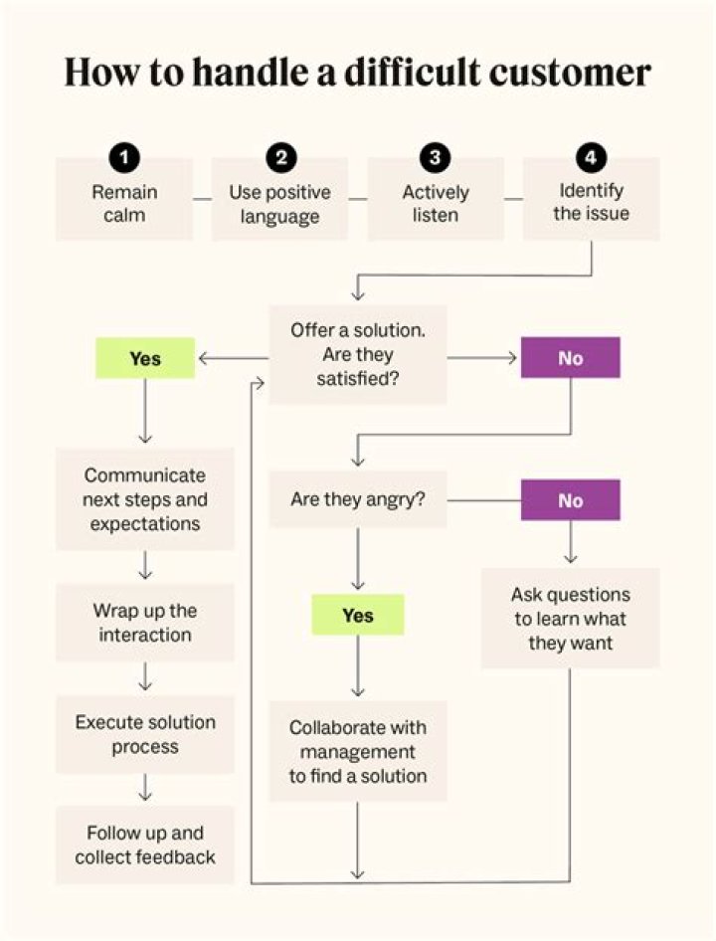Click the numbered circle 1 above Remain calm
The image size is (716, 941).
pyautogui.click(x=124, y=157)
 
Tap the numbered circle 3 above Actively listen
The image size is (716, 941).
pyautogui.click(x=435, y=157)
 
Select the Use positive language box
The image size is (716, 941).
pyautogui.click(x=280, y=202)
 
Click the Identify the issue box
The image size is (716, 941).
pyautogui.click(x=592, y=202)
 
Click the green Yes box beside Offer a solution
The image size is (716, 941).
pyautogui.click(x=145, y=358)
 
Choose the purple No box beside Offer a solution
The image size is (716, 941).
pyautogui.click(x=570, y=358)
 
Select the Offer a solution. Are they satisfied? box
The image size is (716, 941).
pyautogui.click(x=357, y=355)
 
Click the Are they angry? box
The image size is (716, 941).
pyautogui.click(x=357, y=499)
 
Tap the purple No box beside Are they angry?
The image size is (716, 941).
pyautogui.click(x=570, y=500)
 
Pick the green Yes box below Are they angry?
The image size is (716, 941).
pyautogui.click(x=357, y=615)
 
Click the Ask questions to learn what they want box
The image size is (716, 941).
pyautogui.click(x=570, y=618)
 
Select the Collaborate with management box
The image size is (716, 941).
pyautogui.click(x=357, y=751)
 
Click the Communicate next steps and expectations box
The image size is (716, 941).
pyautogui.click(x=145, y=499)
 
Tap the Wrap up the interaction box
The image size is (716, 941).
pyautogui.click(x=145, y=622)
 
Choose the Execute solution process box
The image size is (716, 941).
pyautogui.click(x=145, y=734)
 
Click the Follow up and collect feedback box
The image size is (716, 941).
pyautogui.click(x=145, y=845)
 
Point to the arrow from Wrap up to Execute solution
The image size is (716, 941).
pyautogui.click(x=145, y=678)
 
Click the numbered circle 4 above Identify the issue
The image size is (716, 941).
pyautogui.click(x=591, y=157)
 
